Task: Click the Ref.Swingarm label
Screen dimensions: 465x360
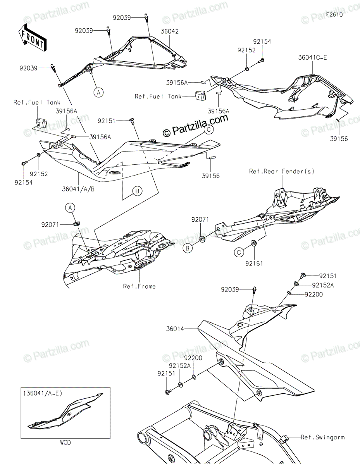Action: click(323, 437)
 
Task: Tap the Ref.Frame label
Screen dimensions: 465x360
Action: click(139, 286)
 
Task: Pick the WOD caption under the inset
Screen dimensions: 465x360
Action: click(66, 442)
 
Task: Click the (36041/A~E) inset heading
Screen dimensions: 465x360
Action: click(43, 393)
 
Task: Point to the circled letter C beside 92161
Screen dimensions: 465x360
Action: click(239, 252)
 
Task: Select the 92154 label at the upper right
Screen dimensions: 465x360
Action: click(262, 42)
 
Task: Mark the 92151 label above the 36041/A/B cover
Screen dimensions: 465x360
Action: click(106, 121)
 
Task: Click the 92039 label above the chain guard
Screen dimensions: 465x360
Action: click(241, 290)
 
